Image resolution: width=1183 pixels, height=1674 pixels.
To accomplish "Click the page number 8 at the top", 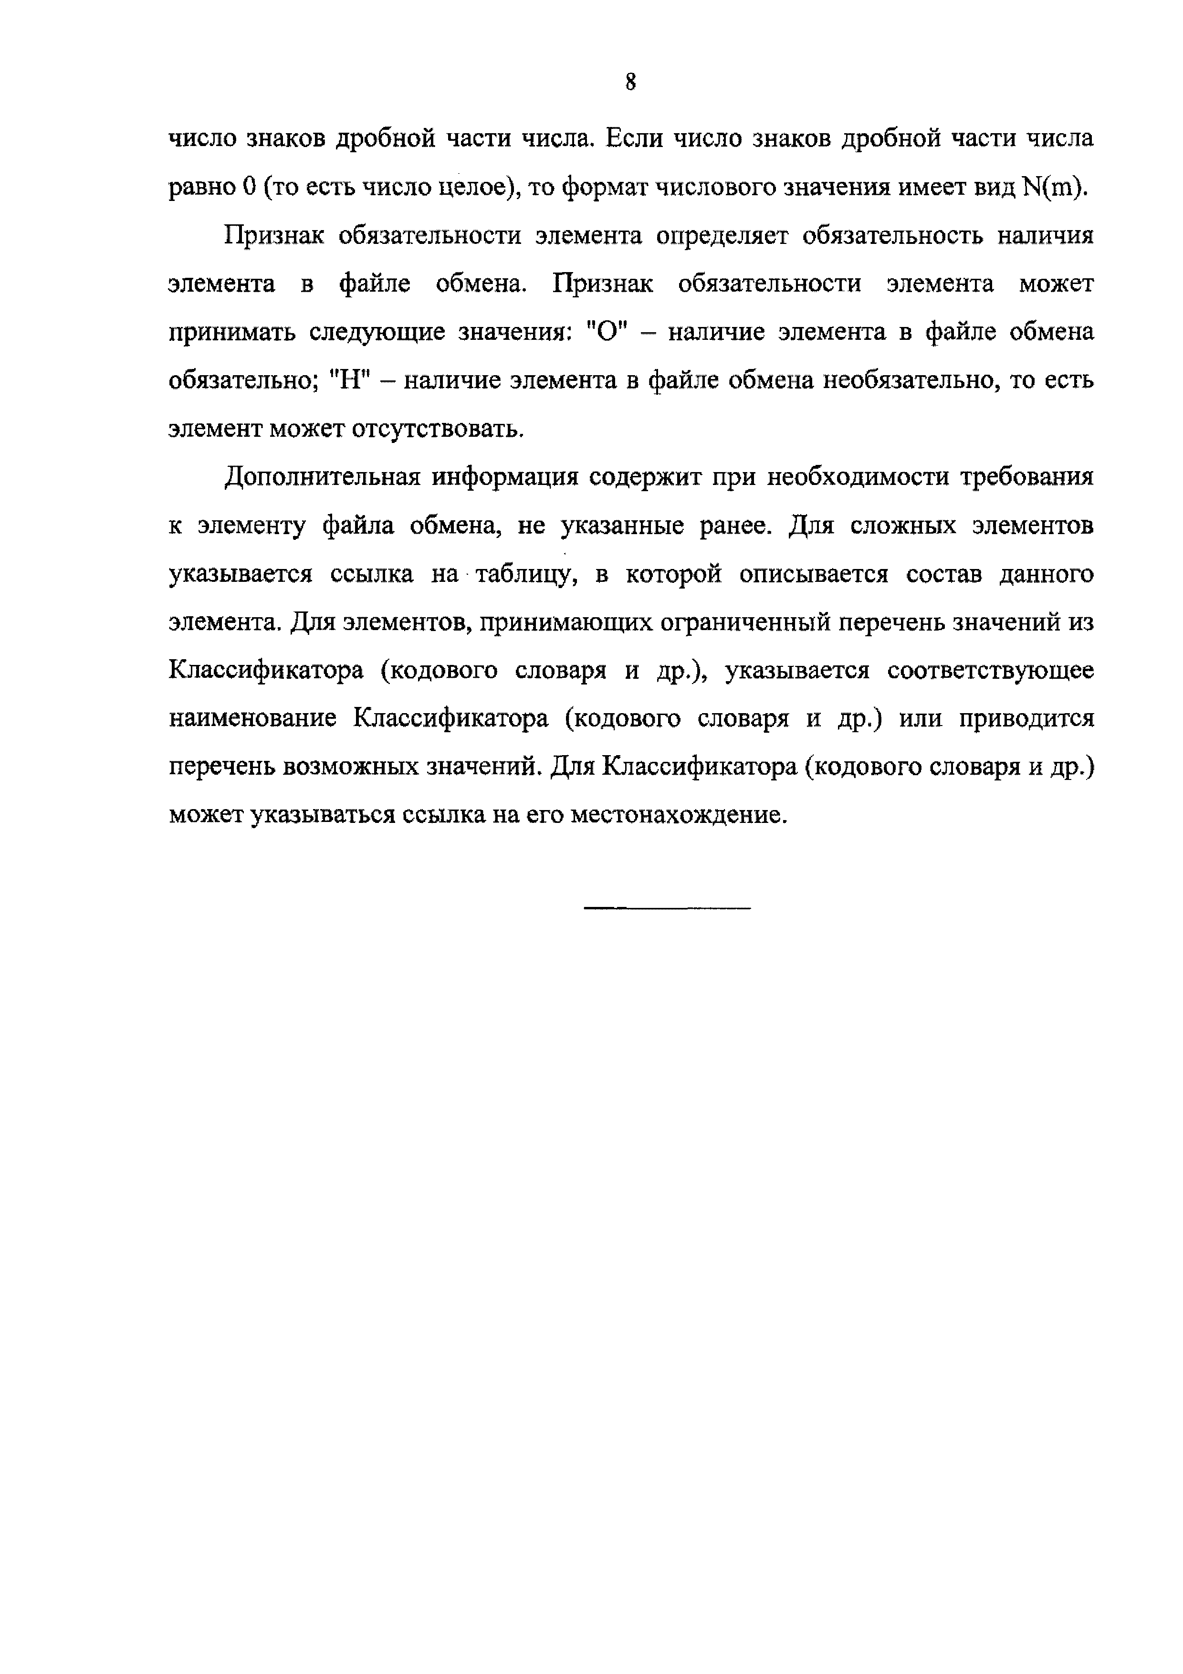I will click(630, 82).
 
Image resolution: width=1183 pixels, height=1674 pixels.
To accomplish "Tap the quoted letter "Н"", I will click(351, 380).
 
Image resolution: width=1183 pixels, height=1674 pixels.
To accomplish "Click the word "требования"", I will click(1027, 477).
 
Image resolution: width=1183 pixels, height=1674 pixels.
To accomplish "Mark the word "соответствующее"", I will click(991, 671).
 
